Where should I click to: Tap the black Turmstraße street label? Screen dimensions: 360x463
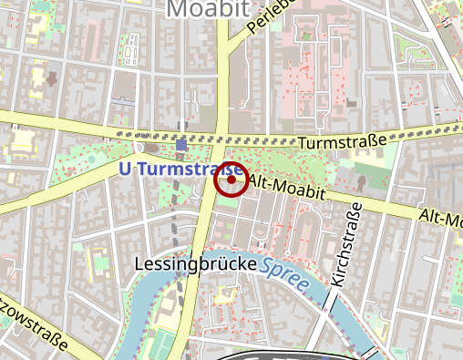(x=341, y=141)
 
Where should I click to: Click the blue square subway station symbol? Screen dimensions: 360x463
(x=182, y=145)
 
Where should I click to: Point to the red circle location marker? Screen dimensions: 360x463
(x=231, y=180)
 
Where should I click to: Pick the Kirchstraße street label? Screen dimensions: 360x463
(x=349, y=246)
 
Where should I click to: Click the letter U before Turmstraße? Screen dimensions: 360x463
(x=126, y=170)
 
